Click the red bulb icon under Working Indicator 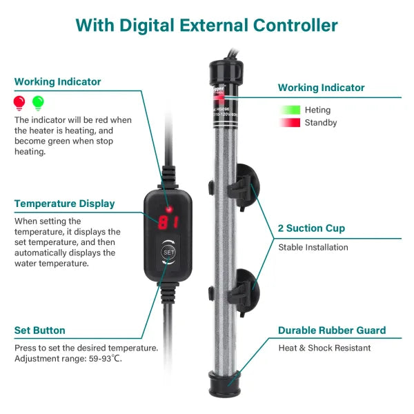tap(19, 102)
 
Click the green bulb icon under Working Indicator tap(38, 102)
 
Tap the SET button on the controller tap(169, 252)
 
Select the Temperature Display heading tap(64, 204)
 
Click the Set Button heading tap(39, 331)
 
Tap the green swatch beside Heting tap(290, 110)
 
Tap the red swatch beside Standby tap(290, 123)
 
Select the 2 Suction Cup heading tap(311, 228)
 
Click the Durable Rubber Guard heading tap(332, 331)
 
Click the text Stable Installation tap(313, 247)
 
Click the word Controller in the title tap(293, 26)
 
